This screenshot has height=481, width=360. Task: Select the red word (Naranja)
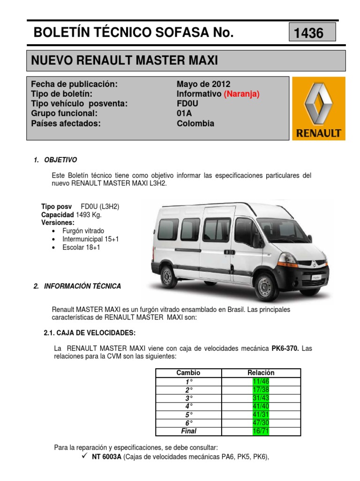(241, 94)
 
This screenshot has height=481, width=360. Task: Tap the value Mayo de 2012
(203, 84)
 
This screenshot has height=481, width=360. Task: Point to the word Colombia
(195, 124)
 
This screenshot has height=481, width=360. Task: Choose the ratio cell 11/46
(261, 380)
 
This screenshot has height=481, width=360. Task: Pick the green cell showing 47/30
(261, 423)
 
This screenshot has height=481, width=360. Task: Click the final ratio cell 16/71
(261, 431)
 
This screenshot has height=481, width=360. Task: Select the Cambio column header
(188, 372)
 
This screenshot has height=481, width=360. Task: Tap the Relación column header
(261, 372)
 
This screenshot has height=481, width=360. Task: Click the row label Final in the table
(188, 431)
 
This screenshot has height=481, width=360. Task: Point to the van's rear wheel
(167, 274)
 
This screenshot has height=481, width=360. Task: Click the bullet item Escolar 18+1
(85, 247)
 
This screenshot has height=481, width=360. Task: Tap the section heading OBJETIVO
(60, 160)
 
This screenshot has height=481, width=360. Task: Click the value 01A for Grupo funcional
(185, 114)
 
